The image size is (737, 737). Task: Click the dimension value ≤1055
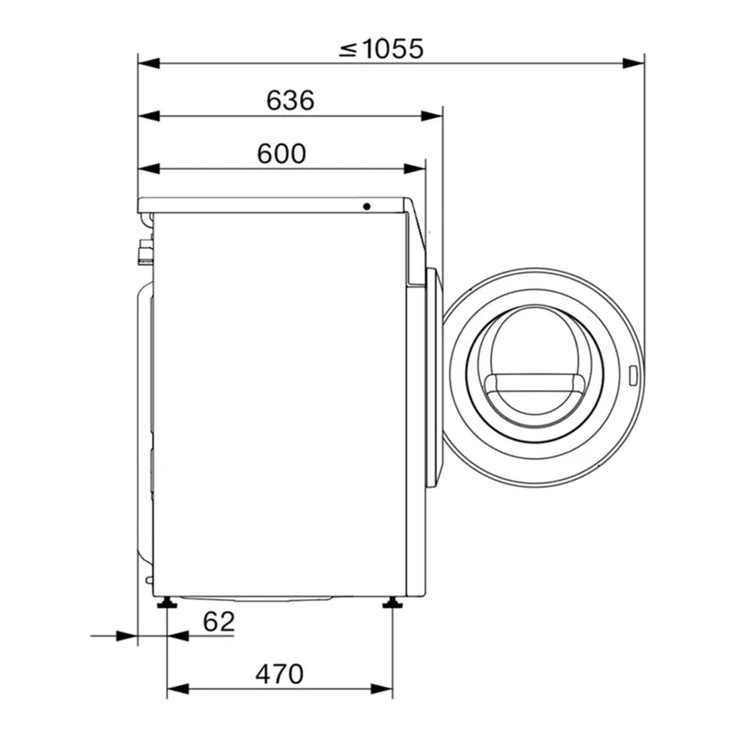tap(382, 49)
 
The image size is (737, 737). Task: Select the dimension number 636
tap(290, 101)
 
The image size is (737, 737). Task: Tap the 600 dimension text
tap(281, 153)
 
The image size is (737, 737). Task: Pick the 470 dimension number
tap(279, 674)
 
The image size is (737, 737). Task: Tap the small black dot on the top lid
tap(366, 206)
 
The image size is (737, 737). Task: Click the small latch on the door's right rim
tap(633, 375)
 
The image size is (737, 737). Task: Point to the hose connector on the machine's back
tap(145, 251)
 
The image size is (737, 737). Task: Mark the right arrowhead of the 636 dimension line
tap(433, 116)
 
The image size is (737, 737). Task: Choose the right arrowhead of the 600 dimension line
tap(416, 169)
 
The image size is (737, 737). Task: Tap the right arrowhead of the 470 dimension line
tap(383, 689)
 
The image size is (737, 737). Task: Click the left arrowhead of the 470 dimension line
tap(178, 689)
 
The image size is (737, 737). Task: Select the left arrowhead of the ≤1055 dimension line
tap(148, 63)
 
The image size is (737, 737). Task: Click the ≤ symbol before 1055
tap(348, 49)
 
